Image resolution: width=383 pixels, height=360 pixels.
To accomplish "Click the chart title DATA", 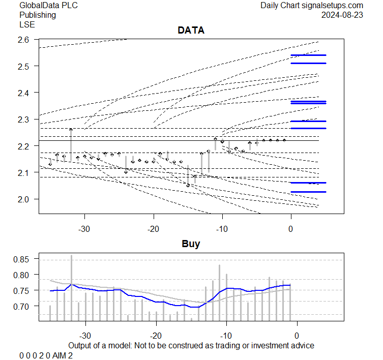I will point(191,31).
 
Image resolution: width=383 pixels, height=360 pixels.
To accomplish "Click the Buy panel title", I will point(191,244).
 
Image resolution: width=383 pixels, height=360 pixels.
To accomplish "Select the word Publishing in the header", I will point(37,15).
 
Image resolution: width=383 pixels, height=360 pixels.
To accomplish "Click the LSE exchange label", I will point(26,24).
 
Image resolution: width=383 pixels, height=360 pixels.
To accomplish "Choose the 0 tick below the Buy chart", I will point(297,335).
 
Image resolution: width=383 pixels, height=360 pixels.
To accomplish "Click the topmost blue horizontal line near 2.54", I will point(308,55).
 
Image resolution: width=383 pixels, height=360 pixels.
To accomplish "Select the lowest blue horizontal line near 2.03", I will point(308,192).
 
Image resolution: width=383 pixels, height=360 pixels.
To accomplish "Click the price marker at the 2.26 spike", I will point(71,130).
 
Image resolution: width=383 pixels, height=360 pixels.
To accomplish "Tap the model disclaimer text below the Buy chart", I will point(191,345).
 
